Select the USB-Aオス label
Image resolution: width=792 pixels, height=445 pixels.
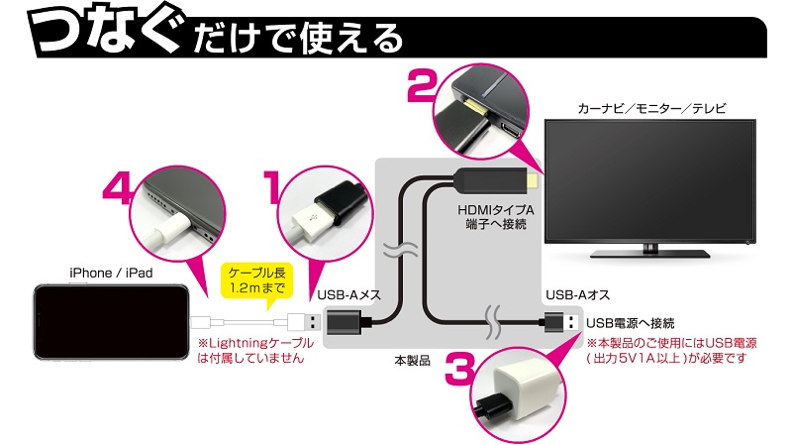pyautogui.click(x=571, y=293)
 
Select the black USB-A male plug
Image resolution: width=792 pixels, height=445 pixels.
pyautogui.click(x=560, y=322)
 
